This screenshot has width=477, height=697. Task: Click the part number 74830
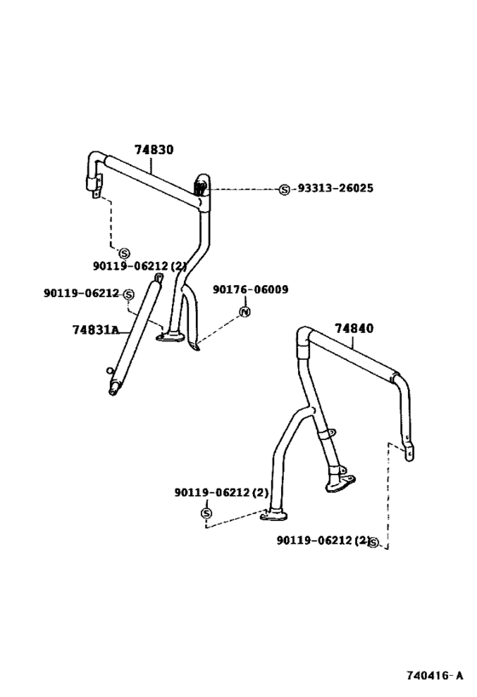coord(154,150)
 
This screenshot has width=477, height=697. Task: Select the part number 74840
coord(354,329)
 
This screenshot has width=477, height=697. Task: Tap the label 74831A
coord(95,330)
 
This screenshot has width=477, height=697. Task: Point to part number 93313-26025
coord(335,188)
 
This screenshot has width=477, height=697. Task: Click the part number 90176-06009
coord(250,289)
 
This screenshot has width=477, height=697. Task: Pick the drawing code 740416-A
coord(434,676)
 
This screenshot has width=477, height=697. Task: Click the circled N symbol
coord(244,311)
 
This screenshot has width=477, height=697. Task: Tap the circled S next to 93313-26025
coord(284,190)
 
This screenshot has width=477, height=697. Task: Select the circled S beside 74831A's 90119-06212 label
coord(129,294)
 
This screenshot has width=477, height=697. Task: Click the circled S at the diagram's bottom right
coord(373,542)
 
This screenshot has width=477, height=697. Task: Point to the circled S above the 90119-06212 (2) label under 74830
coord(124,254)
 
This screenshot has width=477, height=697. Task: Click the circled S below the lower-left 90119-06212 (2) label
coord(206,513)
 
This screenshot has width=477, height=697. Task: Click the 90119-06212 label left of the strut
coord(82,293)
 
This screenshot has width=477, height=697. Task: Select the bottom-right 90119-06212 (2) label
coord(323,540)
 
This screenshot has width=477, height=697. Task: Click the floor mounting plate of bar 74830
coord(170,336)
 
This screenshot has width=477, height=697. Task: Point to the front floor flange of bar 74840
coord(273,515)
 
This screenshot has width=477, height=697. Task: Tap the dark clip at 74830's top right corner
coord(199,187)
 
